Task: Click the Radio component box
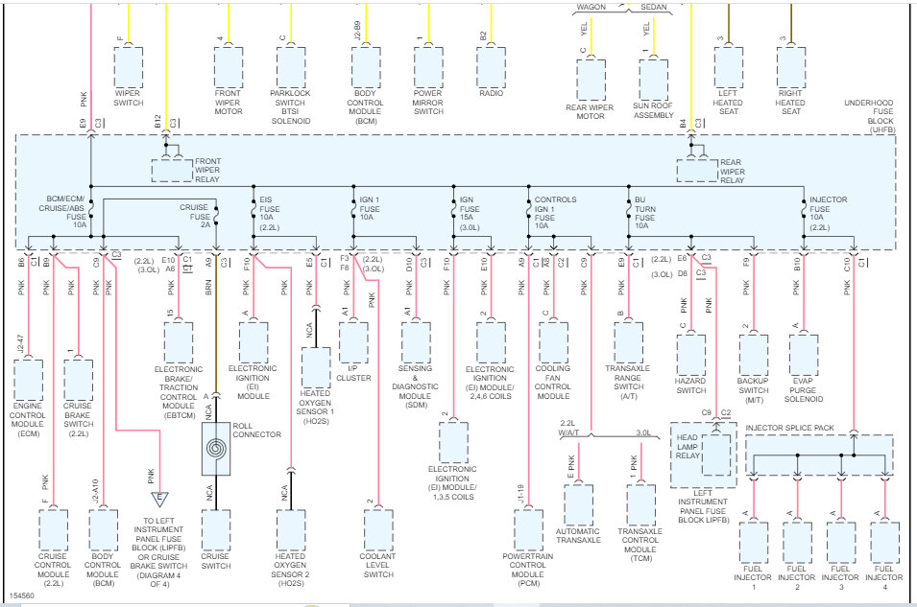tap(492, 66)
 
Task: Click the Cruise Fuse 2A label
tap(194, 214)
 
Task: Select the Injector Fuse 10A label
tap(829, 214)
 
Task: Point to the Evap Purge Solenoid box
tap(804, 354)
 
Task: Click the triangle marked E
tap(160, 498)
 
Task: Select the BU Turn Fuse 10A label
tap(645, 214)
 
